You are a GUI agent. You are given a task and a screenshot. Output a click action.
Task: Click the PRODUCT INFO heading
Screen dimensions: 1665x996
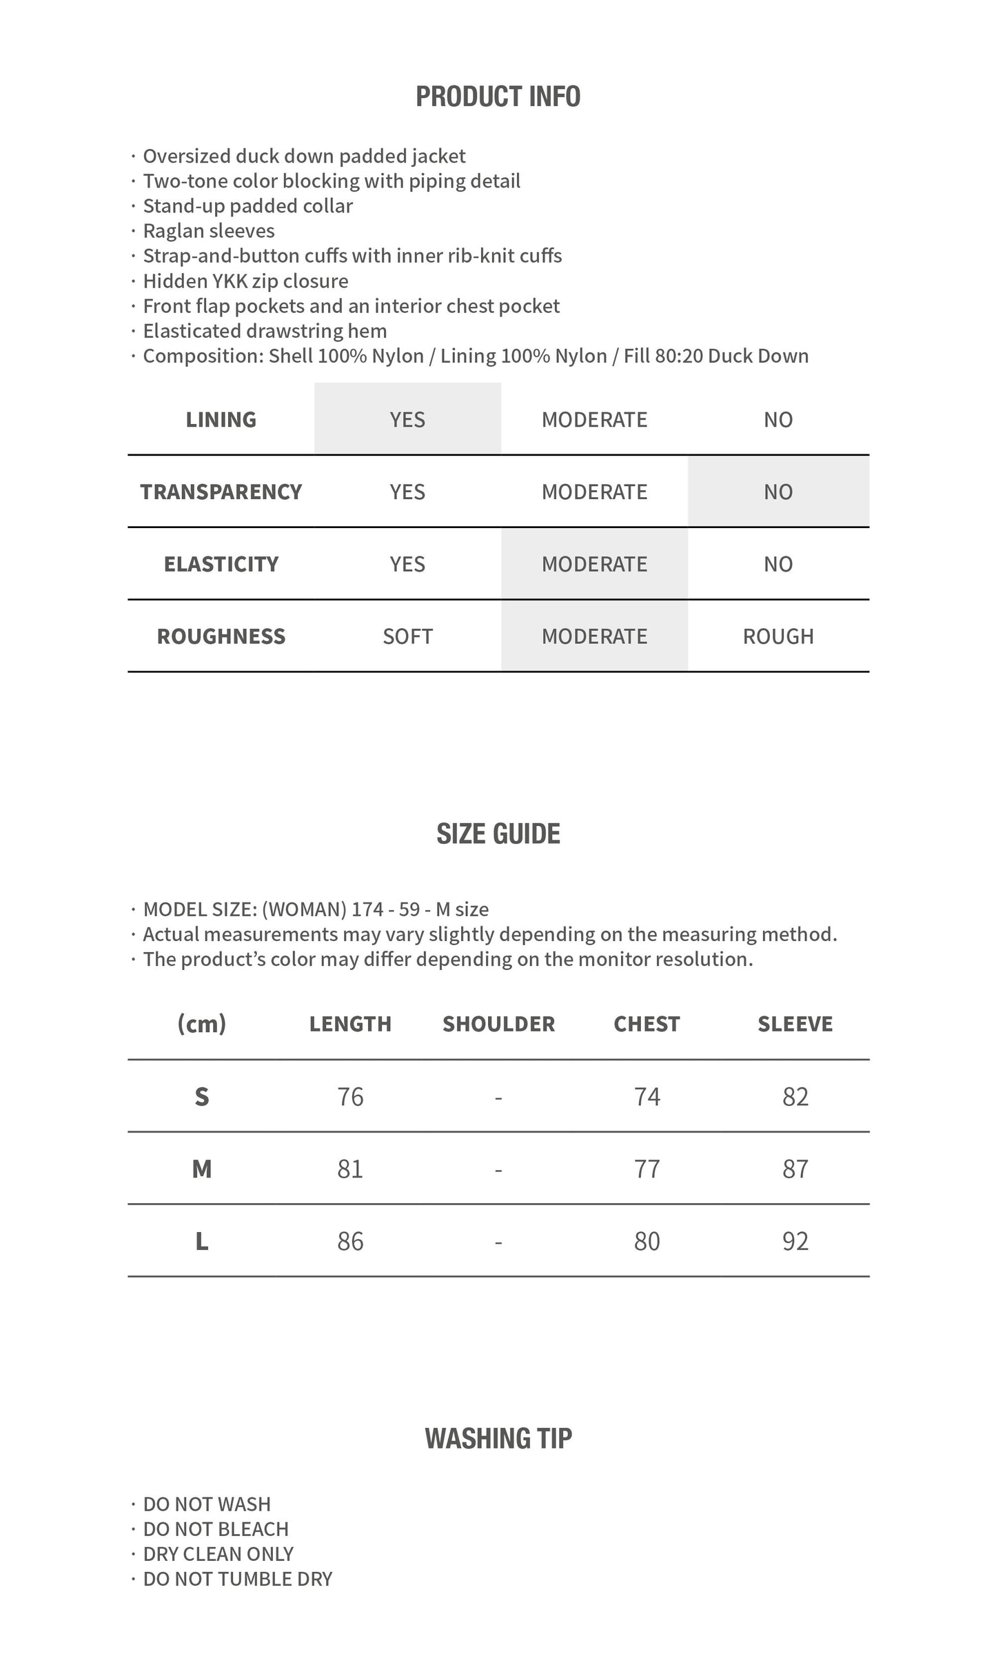point(498,97)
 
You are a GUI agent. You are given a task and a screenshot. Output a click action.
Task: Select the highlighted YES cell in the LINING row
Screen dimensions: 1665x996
point(407,419)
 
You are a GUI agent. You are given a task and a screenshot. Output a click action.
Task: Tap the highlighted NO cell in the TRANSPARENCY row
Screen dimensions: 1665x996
point(778,492)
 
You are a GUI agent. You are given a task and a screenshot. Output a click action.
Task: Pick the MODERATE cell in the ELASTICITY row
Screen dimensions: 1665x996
point(594,564)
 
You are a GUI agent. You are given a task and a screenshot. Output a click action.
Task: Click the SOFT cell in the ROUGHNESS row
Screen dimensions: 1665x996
point(407,636)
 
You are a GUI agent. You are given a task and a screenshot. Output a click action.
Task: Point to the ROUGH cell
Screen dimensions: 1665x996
point(778,636)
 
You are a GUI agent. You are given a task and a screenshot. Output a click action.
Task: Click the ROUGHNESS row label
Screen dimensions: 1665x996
point(221,636)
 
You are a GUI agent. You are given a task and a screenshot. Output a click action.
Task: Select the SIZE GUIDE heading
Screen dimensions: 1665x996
point(498,834)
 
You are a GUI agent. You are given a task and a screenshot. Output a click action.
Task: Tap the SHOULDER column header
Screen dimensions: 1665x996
point(498,1024)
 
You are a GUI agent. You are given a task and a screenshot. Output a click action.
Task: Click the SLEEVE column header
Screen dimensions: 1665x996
point(795,1024)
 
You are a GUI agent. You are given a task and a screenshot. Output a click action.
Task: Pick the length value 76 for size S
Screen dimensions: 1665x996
point(350,1096)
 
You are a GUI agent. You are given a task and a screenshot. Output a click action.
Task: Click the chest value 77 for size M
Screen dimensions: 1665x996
point(647,1169)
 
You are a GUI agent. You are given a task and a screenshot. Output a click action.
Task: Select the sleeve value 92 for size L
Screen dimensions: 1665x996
point(795,1241)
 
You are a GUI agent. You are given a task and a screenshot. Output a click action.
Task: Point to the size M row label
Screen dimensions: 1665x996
point(201,1169)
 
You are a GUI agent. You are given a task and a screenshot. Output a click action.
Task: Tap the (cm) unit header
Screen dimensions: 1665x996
point(201,1024)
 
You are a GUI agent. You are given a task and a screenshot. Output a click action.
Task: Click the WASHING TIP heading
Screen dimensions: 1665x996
point(498,1438)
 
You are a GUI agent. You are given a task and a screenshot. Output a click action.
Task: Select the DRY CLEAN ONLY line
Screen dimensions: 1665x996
point(218,1553)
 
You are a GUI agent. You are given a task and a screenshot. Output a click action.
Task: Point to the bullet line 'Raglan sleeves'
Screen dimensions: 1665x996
point(208,231)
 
